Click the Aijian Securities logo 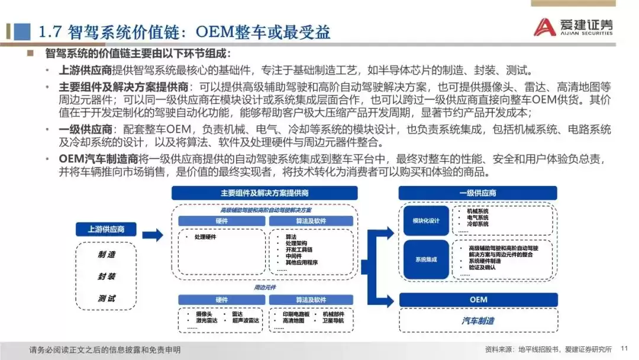573,27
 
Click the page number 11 624,349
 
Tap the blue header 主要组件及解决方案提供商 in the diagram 264,193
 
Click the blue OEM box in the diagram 478,300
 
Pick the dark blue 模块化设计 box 426,220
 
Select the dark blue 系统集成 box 426,259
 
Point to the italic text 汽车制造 478,320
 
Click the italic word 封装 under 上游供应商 106,277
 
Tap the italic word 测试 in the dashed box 106,298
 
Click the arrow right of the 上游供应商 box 152,236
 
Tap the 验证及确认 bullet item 482,267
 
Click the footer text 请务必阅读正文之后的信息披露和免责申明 105,349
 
